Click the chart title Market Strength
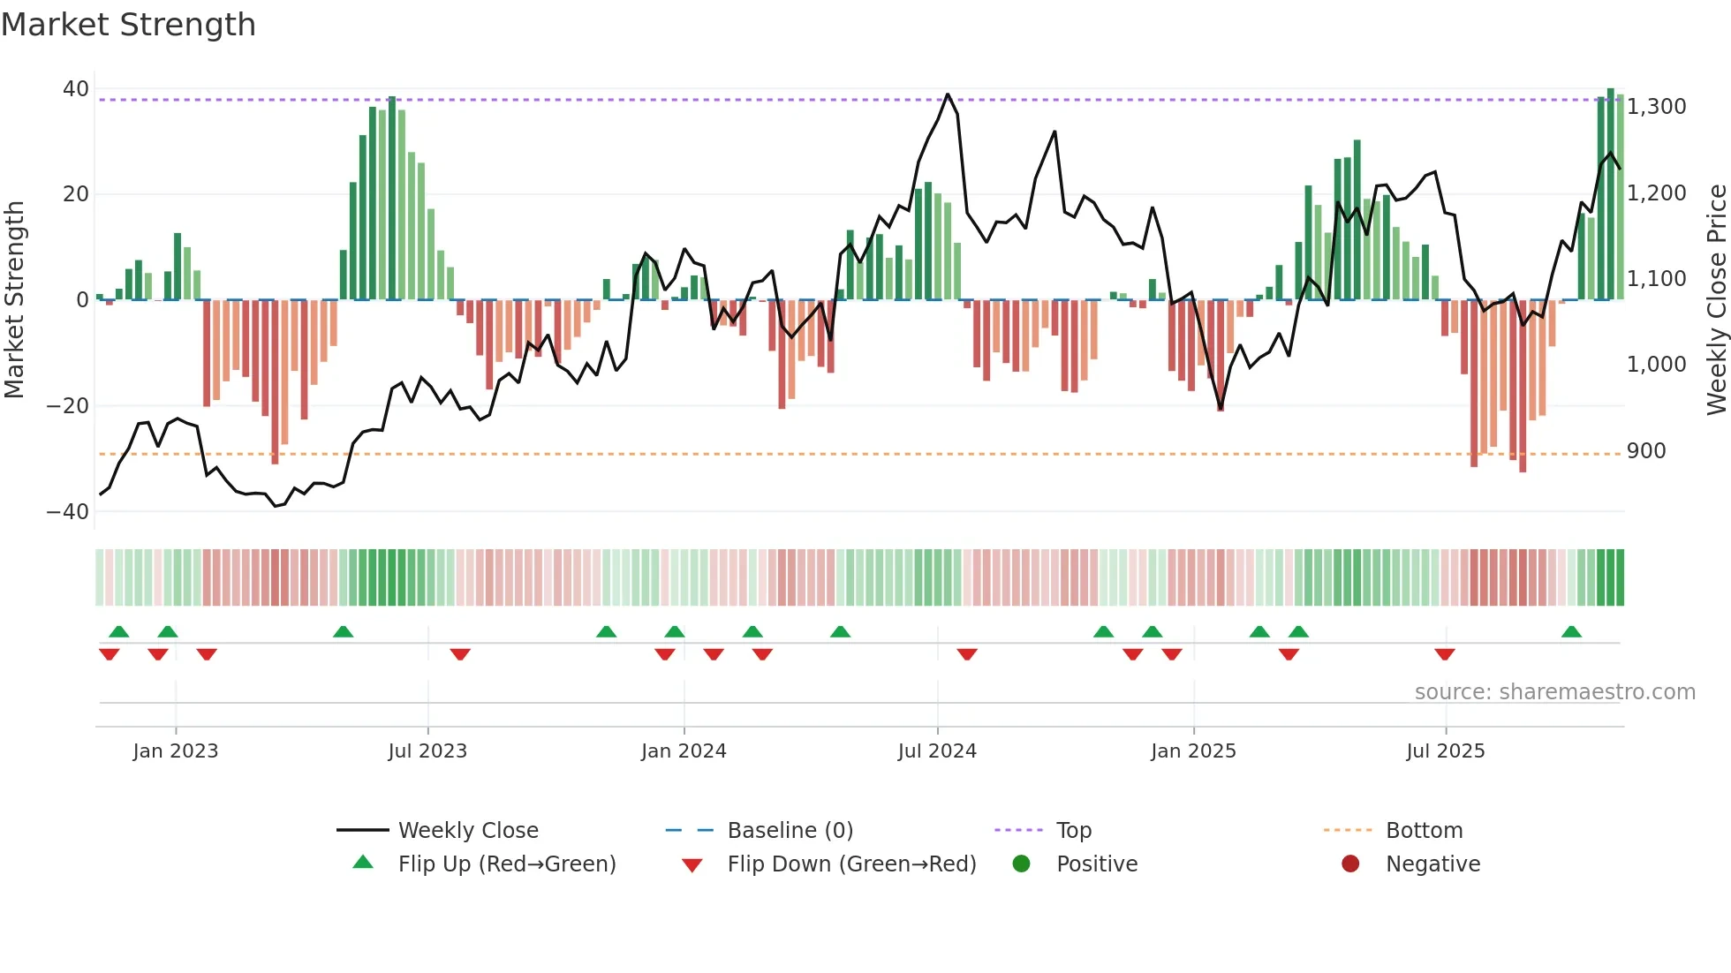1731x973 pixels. click(x=128, y=25)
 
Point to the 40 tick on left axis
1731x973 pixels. click(x=75, y=89)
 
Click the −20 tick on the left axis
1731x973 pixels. click(x=68, y=406)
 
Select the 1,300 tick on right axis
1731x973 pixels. click(x=1656, y=107)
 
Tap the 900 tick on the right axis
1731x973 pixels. click(x=1645, y=451)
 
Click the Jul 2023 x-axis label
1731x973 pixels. click(x=427, y=751)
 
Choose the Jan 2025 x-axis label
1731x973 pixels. click(x=1193, y=751)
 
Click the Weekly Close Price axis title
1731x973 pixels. click(x=1716, y=300)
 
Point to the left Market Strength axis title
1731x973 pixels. click(x=15, y=300)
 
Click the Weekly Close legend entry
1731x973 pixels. click(x=468, y=831)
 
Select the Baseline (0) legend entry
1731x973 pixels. click(x=790, y=831)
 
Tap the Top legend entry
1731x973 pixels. click(x=1074, y=831)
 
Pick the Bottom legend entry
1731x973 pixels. click(x=1424, y=831)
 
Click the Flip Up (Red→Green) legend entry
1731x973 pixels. click(x=506, y=864)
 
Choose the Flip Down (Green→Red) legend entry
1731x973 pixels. click(x=851, y=864)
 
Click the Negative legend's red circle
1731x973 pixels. click(x=1350, y=864)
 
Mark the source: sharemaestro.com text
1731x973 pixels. click(x=1554, y=692)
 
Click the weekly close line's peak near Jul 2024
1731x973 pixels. click(x=948, y=94)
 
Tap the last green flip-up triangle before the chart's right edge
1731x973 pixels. click(x=1571, y=632)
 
